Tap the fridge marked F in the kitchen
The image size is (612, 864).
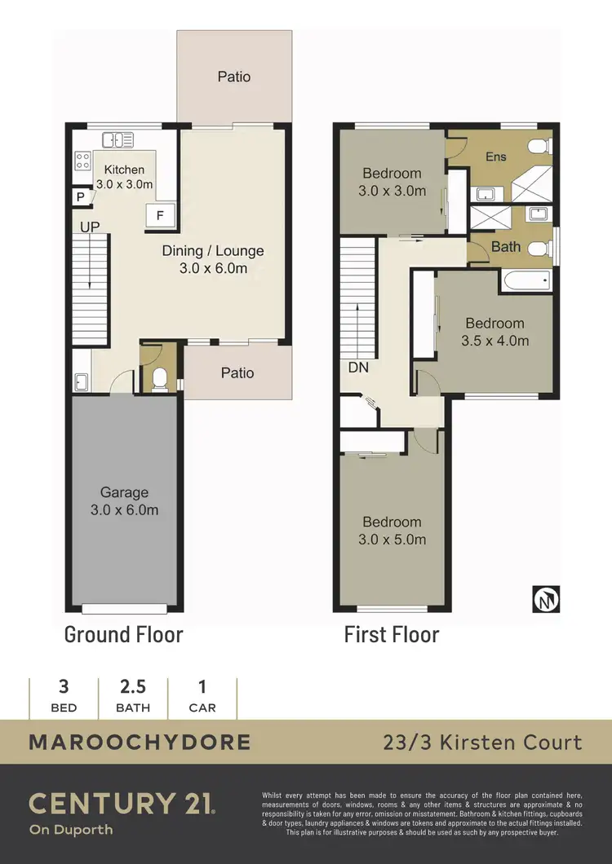(160, 215)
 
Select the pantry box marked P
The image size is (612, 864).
(81, 197)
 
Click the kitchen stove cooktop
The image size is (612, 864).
(83, 161)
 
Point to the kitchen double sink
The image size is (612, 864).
(123, 140)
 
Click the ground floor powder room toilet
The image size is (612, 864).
(160, 377)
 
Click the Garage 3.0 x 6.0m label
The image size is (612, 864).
(124, 501)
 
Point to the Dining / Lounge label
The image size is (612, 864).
(212, 259)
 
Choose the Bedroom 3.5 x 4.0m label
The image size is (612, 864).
(495, 332)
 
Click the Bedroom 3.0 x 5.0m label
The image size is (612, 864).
(392, 531)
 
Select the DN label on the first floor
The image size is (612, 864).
(358, 368)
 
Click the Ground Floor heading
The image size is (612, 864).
(124, 634)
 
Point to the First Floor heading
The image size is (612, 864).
(392, 634)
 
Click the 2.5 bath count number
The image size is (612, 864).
(133, 687)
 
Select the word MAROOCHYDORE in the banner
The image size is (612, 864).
(140, 743)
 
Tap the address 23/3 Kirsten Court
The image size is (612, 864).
(483, 743)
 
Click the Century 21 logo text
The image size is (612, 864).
(122, 803)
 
